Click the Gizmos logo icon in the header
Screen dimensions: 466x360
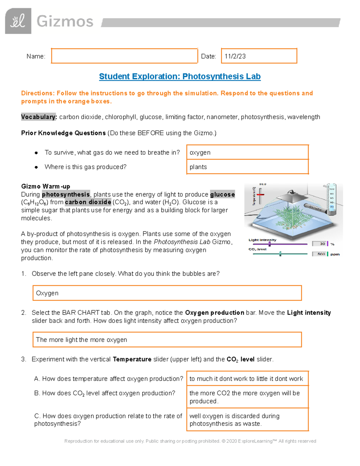coord(18,21)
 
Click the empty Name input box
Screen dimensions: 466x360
coord(124,56)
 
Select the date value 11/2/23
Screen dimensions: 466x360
coord(235,56)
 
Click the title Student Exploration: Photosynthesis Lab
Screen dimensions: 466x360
coord(180,77)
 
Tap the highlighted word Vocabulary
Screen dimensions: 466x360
coord(39,117)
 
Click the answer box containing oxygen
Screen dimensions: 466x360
coord(247,152)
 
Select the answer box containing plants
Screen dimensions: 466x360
coord(247,167)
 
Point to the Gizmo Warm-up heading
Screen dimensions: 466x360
coord(46,186)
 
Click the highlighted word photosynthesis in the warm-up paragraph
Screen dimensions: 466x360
coord(66,194)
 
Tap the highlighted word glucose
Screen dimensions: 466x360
coord(222,194)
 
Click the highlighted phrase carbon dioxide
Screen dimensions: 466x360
coord(88,202)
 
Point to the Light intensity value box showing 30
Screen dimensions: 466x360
coord(319,244)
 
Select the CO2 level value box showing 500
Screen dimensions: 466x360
coord(319,254)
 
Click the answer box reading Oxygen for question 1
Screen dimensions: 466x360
coord(167,293)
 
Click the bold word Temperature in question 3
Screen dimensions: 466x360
coord(132,359)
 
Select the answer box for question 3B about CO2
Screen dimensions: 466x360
coord(247,397)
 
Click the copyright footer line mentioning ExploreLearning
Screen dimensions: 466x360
coord(190,441)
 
